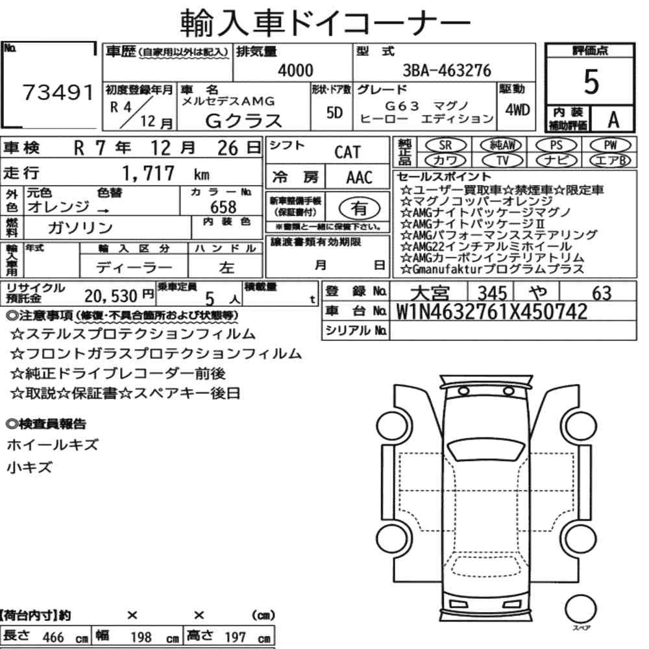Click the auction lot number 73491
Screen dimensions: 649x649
coord(58,92)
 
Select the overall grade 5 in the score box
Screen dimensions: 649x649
coord(591,82)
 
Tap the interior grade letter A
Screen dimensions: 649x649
coord(613,120)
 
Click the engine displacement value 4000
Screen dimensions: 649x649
coord(295,70)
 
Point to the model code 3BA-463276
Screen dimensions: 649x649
coord(447,70)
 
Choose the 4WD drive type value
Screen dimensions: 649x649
coord(517,110)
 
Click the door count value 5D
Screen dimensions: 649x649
coord(334,112)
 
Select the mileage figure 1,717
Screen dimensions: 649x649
coord(148,173)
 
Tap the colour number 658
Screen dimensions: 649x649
coord(223,207)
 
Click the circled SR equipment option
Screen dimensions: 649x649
coord(445,145)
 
